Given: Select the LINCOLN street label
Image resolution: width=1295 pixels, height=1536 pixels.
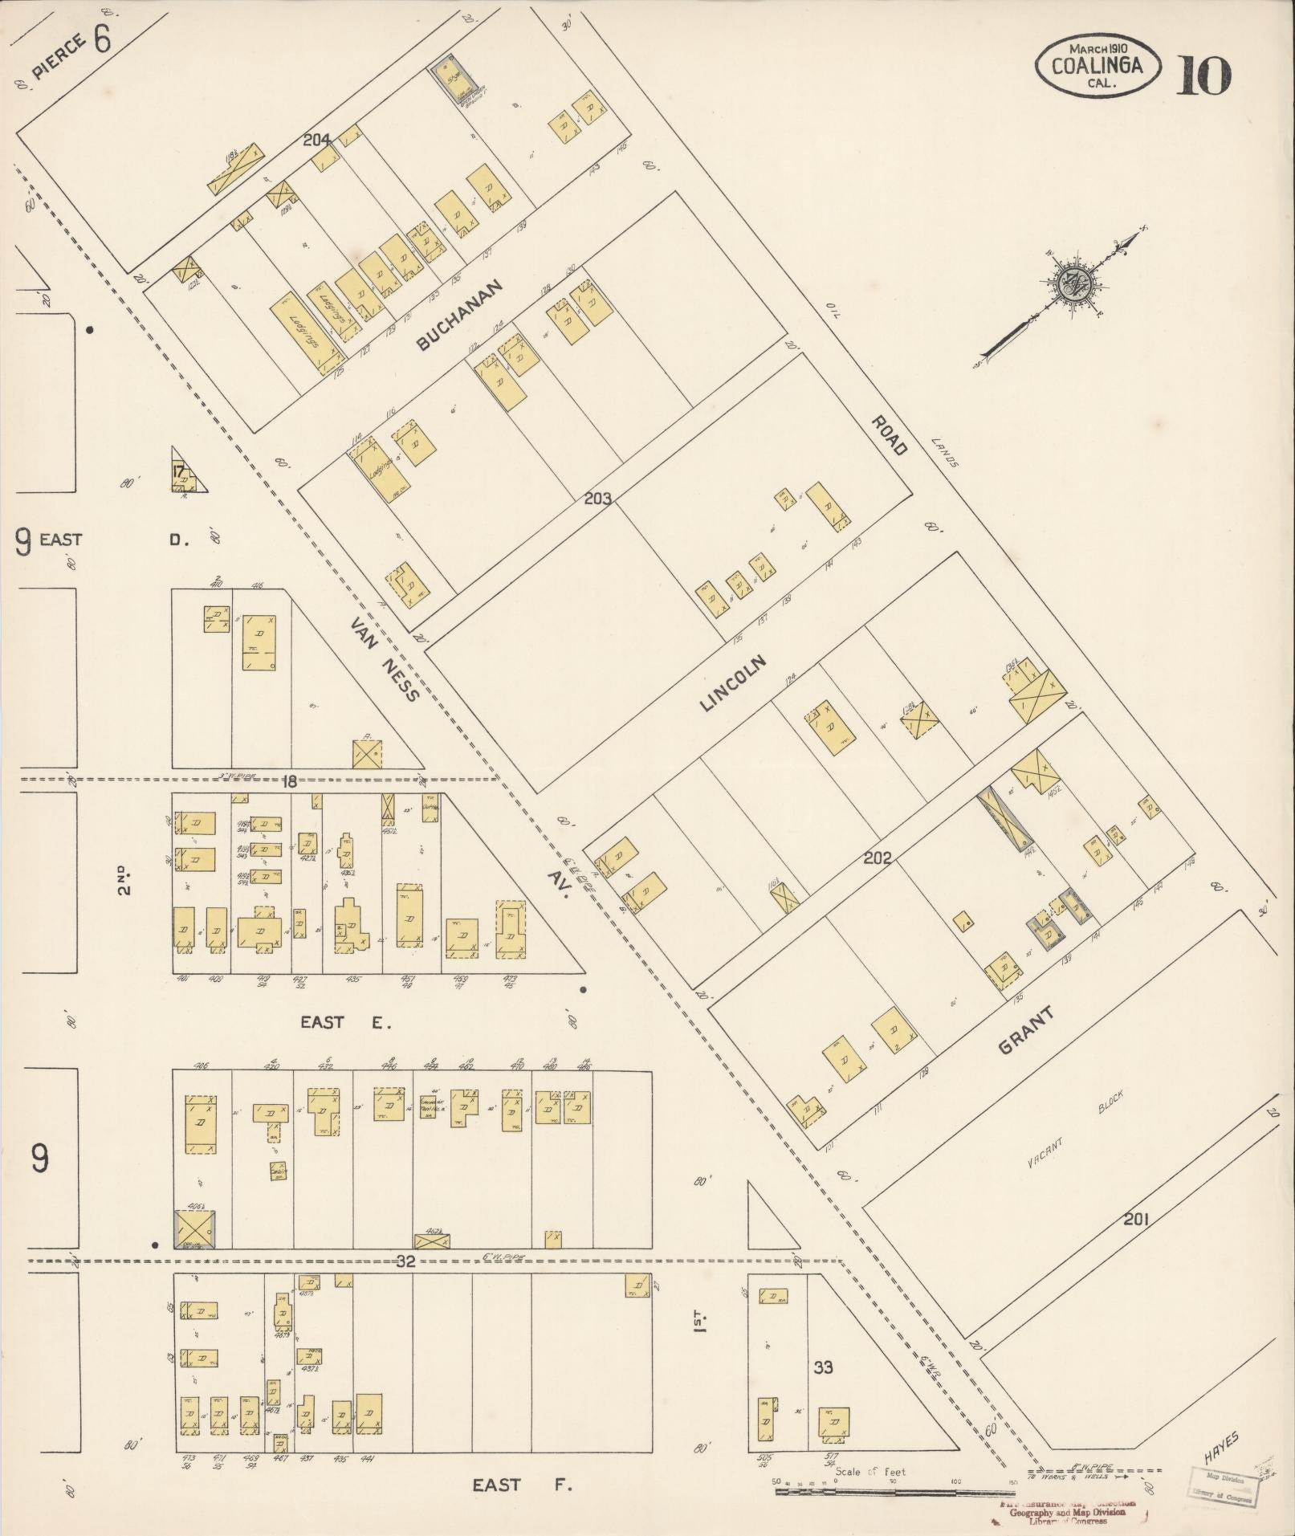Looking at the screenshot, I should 733,683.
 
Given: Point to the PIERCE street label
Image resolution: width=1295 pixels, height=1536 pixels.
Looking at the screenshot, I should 59,59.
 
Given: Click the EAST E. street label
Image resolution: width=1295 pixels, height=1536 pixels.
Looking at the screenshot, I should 344,1022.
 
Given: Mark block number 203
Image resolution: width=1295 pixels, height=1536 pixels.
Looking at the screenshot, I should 597,499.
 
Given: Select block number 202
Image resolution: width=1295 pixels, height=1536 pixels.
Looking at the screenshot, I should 877,858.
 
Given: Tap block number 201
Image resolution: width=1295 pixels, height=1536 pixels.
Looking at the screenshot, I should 1136,1242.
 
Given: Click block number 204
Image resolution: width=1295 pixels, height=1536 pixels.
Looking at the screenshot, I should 318,140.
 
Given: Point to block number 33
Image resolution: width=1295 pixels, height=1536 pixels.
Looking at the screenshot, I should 823,1367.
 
